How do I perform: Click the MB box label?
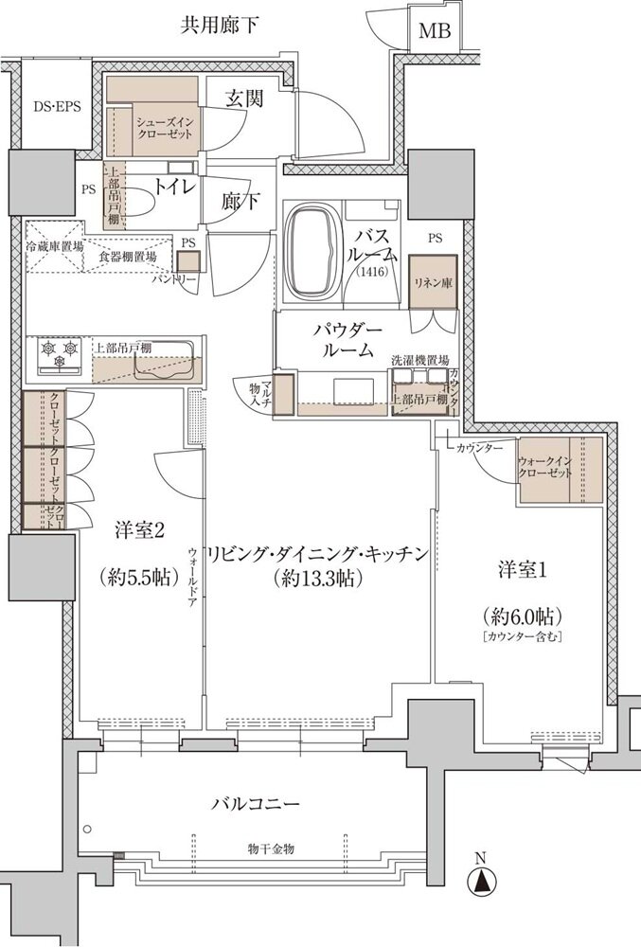(436, 30)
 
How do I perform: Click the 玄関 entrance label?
(245, 97)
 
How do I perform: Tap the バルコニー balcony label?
(256, 805)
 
